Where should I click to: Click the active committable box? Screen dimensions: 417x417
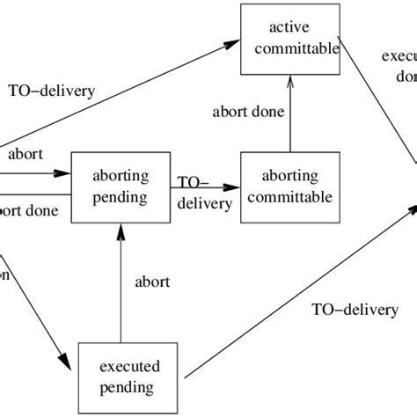[x=290, y=40]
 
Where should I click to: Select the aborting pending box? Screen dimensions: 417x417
[x=120, y=187]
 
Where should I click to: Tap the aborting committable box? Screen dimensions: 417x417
[x=290, y=187]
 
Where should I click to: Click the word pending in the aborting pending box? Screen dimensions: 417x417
[x=120, y=197]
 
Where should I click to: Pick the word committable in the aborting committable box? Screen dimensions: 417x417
[x=290, y=197]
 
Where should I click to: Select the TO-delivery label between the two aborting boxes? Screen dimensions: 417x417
[x=204, y=194]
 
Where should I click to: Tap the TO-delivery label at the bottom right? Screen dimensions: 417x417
[x=355, y=310]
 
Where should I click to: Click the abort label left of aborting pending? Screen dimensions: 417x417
[x=26, y=154]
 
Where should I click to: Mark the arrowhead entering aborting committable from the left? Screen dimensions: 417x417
[x=233, y=187]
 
